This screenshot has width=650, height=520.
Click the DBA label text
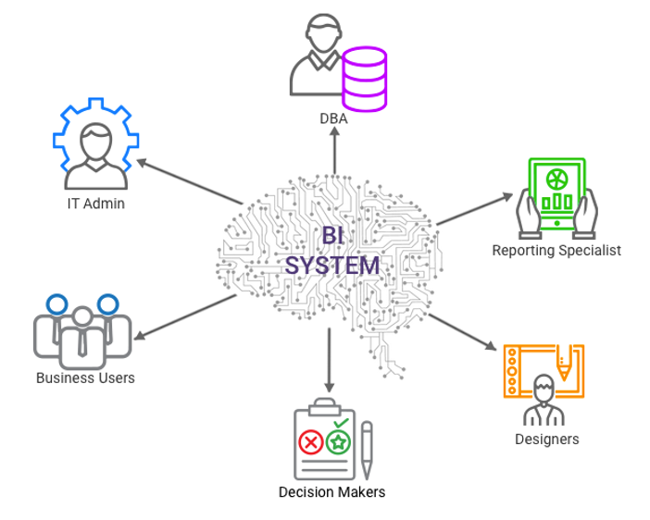333,118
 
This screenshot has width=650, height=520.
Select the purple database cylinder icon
364,79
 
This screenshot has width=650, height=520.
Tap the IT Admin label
95,204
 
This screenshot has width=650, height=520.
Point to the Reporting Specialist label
556,250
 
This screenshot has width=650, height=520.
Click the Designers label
546,439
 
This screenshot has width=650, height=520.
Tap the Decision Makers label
331,491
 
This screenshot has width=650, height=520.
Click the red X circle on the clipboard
311,443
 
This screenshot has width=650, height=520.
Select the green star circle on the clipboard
339,443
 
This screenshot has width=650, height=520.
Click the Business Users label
85,378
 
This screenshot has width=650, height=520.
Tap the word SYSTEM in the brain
331,266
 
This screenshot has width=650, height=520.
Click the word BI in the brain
331,236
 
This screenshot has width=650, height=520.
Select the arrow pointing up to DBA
333,153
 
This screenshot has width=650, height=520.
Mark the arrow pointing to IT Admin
191,181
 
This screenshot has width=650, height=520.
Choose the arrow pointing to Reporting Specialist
474,209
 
